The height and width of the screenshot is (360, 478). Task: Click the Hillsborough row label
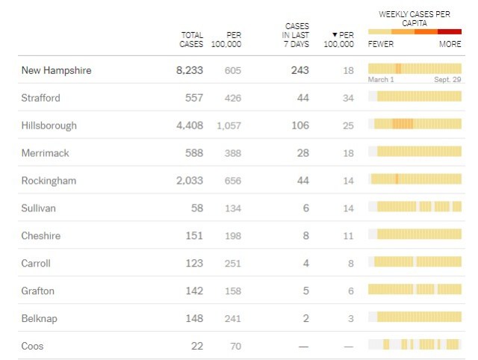[49, 125]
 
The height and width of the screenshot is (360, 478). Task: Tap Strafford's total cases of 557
[193, 98]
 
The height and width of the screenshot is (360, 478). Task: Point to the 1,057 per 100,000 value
[229, 125]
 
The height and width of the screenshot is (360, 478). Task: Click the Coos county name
[34, 346]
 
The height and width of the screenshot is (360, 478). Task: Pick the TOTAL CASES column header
[192, 40]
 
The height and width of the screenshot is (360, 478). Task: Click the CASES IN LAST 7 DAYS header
[296, 35]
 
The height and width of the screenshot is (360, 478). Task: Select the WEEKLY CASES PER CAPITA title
[415, 19]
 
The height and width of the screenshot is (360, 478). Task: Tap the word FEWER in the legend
[381, 44]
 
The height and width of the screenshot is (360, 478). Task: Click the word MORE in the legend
[450, 44]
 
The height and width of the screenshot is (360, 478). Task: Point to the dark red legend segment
[450, 31]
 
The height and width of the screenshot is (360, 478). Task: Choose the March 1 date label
[381, 79]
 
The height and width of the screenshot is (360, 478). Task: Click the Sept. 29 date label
[448, 79]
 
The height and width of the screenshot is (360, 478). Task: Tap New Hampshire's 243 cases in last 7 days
[299, 70]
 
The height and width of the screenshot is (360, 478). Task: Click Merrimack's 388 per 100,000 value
[232, 153]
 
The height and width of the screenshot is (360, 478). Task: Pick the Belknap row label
[40, 318]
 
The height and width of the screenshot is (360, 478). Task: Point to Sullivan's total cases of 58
[196, 208]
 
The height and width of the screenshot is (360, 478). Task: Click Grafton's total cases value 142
[193, 291]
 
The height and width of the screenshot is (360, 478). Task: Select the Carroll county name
[37, 263]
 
